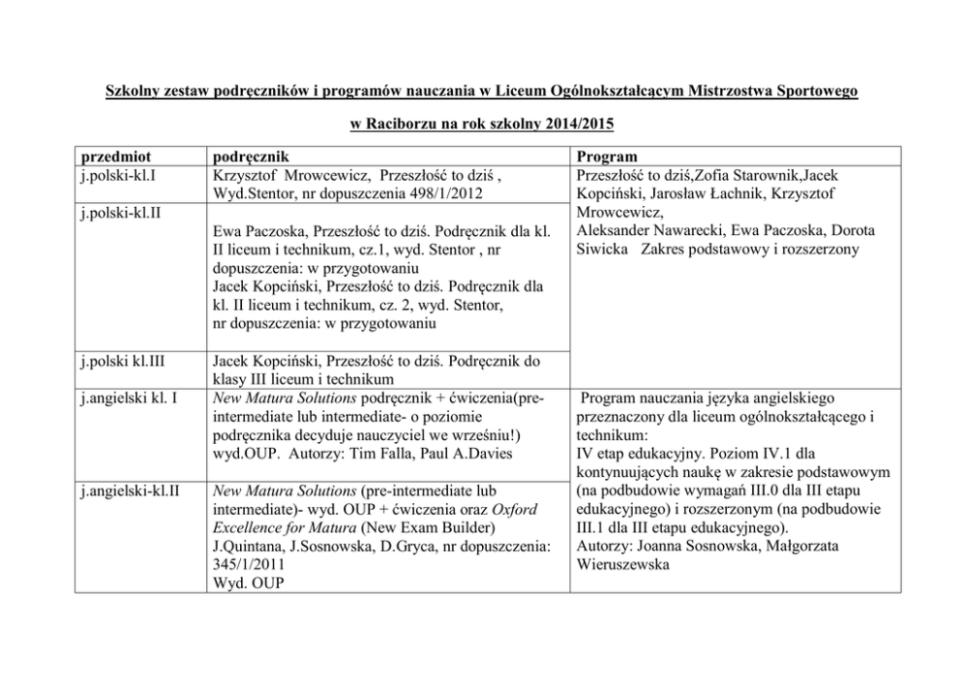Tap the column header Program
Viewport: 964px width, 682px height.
pyautogui.click(x=606, y=156)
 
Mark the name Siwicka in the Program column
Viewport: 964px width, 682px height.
pyautogui.click(x=602, y=249)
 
